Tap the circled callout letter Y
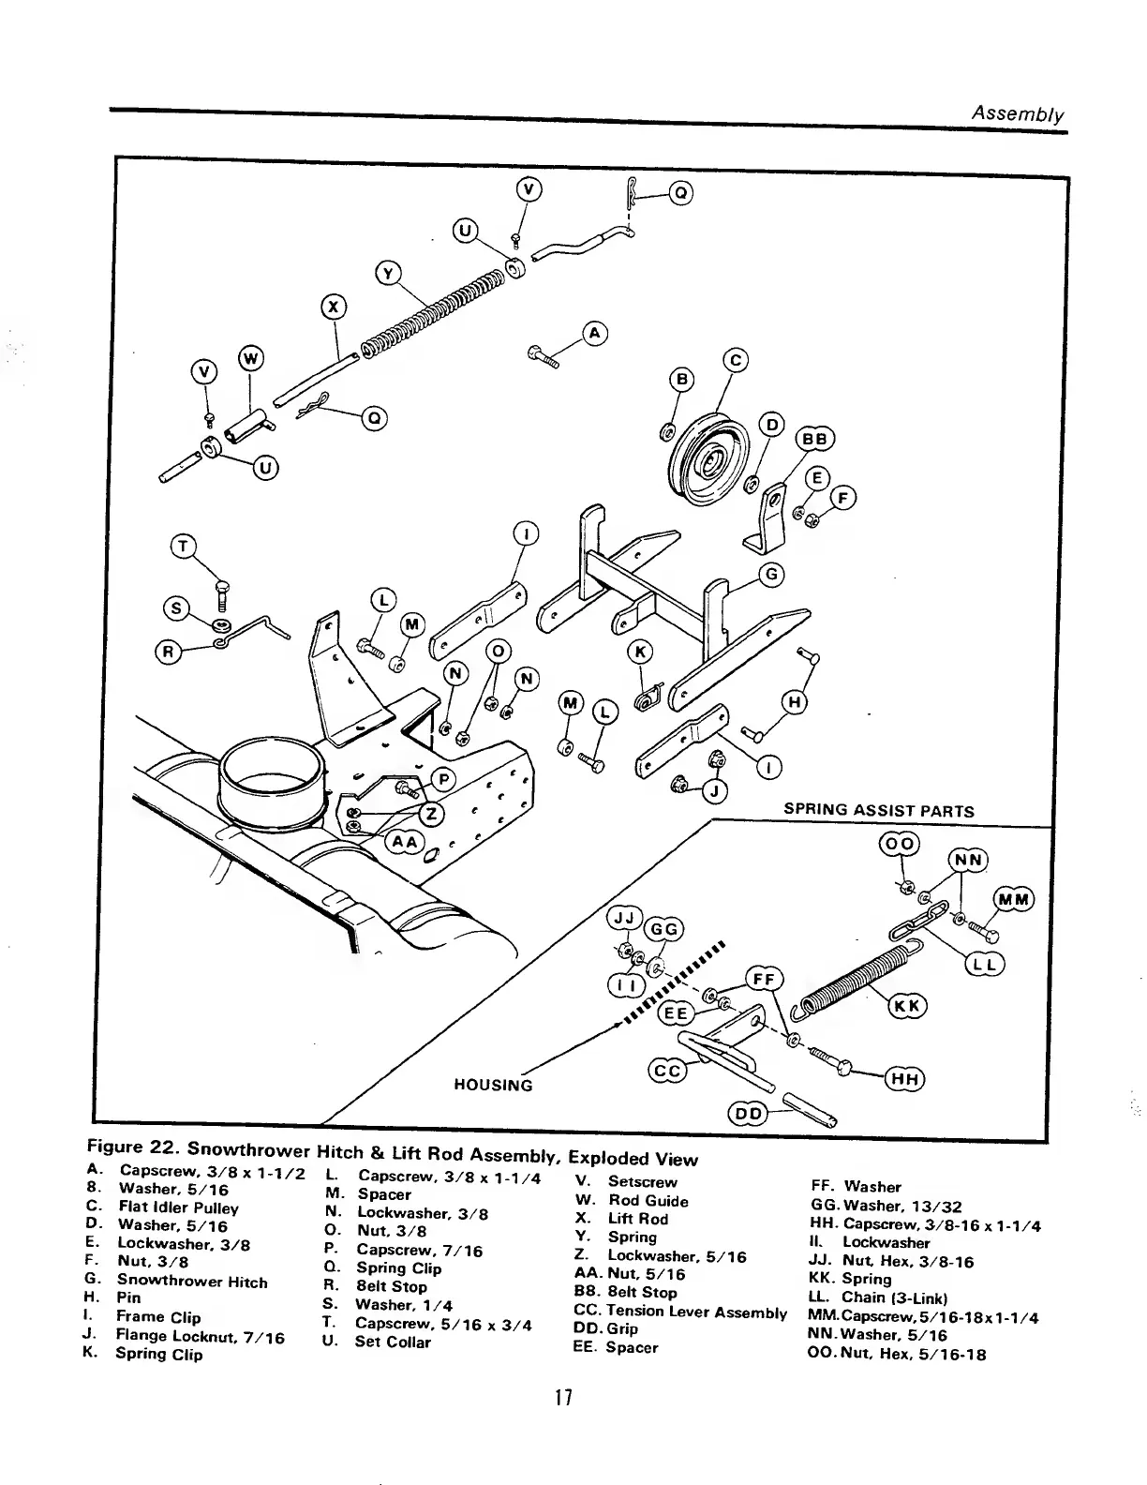(x=388, y=273)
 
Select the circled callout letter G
(x=771, y=575)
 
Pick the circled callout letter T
(x=185, y=547)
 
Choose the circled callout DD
(x=749, y=1113)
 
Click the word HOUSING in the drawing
(x=493, y=1085)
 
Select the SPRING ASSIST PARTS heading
(x=878, y=811)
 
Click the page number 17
(x=562, y=1398)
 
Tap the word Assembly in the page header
(x=1018, y=114)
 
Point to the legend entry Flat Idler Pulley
(x=178, y=1207)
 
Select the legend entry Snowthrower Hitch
(x=192, y=1282)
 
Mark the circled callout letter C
(x=736, y=360)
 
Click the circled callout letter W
(x=251, y=357)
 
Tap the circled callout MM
(x=1012, y=900)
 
